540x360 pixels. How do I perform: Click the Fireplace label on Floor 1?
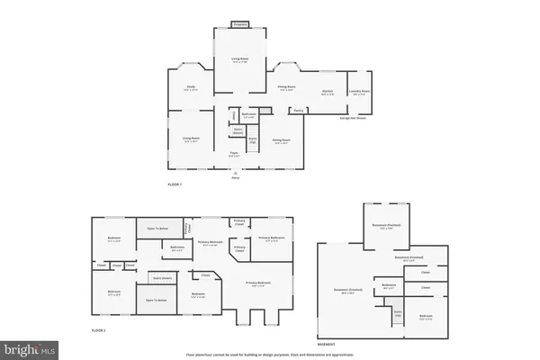pos(240,24)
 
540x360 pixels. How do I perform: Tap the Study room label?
pos(192,88)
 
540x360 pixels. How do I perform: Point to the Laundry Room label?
pos(360,91)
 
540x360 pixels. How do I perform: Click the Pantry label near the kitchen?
pos(296,111)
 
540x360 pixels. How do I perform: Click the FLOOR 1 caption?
pos(175,184)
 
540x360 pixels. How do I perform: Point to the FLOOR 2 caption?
pos(98,331)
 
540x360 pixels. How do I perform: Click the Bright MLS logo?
pos(30,348)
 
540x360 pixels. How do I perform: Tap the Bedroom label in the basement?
pos(425,317)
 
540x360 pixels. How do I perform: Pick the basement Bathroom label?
pos(389,286)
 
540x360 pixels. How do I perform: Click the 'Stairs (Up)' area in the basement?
pos(397,313)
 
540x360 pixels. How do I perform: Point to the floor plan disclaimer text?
pos(269,355)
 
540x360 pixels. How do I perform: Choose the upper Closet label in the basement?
pos(425,271)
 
